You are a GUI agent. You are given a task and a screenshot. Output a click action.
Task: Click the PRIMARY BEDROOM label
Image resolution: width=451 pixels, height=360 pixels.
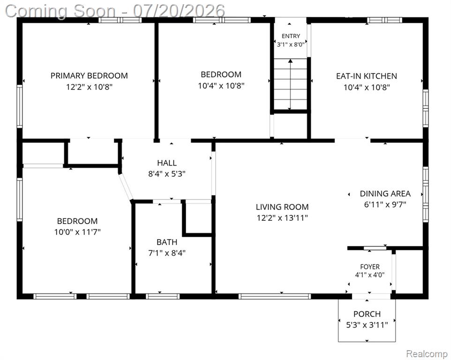tap(89, 75)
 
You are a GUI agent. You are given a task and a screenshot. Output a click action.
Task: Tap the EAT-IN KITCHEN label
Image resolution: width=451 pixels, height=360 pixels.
tap(367, 76)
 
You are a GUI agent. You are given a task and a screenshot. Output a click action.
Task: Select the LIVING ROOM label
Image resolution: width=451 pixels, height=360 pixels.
tap(282, 207)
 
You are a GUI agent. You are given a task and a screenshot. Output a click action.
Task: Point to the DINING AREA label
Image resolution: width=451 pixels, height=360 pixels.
tap(385, 194)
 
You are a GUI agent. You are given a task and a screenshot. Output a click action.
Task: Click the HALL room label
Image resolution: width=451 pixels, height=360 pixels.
tap(167, 163)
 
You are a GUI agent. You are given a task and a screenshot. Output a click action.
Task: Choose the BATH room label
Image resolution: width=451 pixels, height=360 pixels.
tap(167, 242)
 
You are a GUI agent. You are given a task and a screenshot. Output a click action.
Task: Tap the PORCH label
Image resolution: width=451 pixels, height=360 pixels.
tap(367, 314)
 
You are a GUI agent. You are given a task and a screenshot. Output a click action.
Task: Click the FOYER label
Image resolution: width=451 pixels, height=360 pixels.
tap(370, 267)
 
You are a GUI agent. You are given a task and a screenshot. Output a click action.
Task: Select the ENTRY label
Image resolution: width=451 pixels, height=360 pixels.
tap(291, 36)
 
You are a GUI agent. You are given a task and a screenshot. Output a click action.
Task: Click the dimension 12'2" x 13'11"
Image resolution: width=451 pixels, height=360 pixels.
tap(282, 218)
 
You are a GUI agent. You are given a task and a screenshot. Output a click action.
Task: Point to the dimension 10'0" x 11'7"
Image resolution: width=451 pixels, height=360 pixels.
tap(77, 232)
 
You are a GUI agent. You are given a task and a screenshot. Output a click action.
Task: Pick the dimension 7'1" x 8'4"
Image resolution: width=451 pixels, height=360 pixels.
tap(167, 253)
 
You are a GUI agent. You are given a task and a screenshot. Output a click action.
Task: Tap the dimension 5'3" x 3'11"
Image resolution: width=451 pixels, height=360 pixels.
tap(367, 325)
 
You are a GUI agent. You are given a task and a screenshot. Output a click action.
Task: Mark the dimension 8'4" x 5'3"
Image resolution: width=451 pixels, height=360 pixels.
tap(167, 174)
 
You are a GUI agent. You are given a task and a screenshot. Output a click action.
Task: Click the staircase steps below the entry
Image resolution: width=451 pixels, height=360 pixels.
tap(290, 84)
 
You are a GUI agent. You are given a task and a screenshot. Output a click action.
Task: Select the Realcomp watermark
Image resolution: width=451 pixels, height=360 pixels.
tap(427, 353)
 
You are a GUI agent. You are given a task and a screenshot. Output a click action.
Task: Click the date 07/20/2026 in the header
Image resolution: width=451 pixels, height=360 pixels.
tap(179, 11)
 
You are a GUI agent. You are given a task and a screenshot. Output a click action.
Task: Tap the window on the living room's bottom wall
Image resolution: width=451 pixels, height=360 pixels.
tap(275, 296)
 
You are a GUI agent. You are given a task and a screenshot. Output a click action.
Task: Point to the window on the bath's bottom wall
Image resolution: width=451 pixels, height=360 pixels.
tap(163, 296)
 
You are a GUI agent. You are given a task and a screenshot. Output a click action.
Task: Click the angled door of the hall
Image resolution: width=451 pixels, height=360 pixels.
tap(126, 187)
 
